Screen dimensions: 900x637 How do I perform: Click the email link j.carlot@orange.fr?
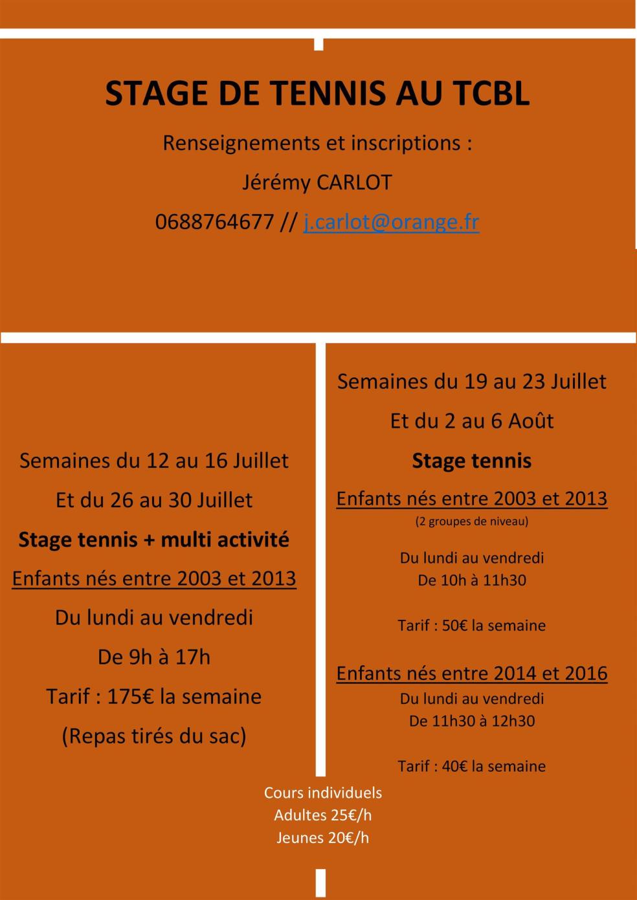(391, 222)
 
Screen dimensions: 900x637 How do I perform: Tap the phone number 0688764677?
(214, 222)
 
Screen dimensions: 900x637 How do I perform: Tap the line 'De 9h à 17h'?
(154, 657)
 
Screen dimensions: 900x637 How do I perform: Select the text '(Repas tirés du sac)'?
(154, 736)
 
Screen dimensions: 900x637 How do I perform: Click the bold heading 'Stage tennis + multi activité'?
(154, 539)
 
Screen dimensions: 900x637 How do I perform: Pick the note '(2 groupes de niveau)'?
(472, 521)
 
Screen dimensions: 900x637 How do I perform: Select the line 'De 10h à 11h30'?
(472, 580)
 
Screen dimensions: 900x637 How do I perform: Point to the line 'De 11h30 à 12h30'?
(472, 721)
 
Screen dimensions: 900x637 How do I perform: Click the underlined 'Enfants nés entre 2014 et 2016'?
(472, 673)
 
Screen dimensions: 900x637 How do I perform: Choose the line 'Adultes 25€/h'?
(322, 815)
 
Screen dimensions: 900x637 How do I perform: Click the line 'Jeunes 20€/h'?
(322, 838)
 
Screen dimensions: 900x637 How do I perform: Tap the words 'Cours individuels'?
(322, 793)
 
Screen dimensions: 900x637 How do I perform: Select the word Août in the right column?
(531, 421)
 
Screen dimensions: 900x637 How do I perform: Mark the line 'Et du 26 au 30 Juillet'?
(154, 499)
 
